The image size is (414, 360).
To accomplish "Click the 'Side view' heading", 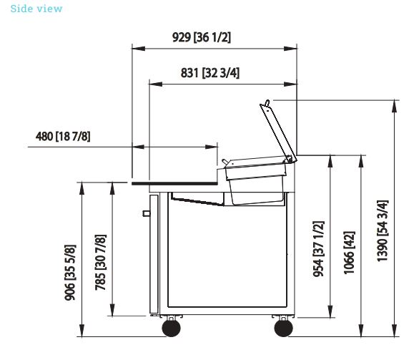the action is click(36, 9).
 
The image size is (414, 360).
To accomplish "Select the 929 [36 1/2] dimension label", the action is click(202, 37).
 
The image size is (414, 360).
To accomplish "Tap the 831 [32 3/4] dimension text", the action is click(210, 73).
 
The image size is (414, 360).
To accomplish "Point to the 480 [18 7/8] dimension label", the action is click(63, 137).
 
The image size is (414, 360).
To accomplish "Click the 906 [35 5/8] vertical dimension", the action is click(70, 273).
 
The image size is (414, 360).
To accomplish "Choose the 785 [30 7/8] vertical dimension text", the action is click(101, 263).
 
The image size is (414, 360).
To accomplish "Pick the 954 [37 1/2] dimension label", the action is click(318, 249).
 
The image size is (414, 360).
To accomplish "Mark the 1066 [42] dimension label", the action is click(349, 253).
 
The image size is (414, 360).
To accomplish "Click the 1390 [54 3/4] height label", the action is click(383, 231).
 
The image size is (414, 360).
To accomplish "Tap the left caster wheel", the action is click(172, 328).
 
